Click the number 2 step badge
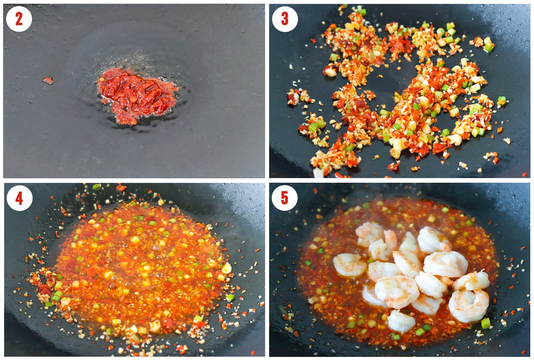19,19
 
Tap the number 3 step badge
285,19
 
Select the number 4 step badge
19,198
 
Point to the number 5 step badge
284,198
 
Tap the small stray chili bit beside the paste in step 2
48,80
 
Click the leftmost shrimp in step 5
350,265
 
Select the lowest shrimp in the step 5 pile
401,321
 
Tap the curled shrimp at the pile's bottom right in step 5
469,306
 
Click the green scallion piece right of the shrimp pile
486,323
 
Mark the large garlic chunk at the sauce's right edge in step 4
226,268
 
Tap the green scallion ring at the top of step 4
96,187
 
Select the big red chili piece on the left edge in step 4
44,290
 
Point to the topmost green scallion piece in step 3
362,11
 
